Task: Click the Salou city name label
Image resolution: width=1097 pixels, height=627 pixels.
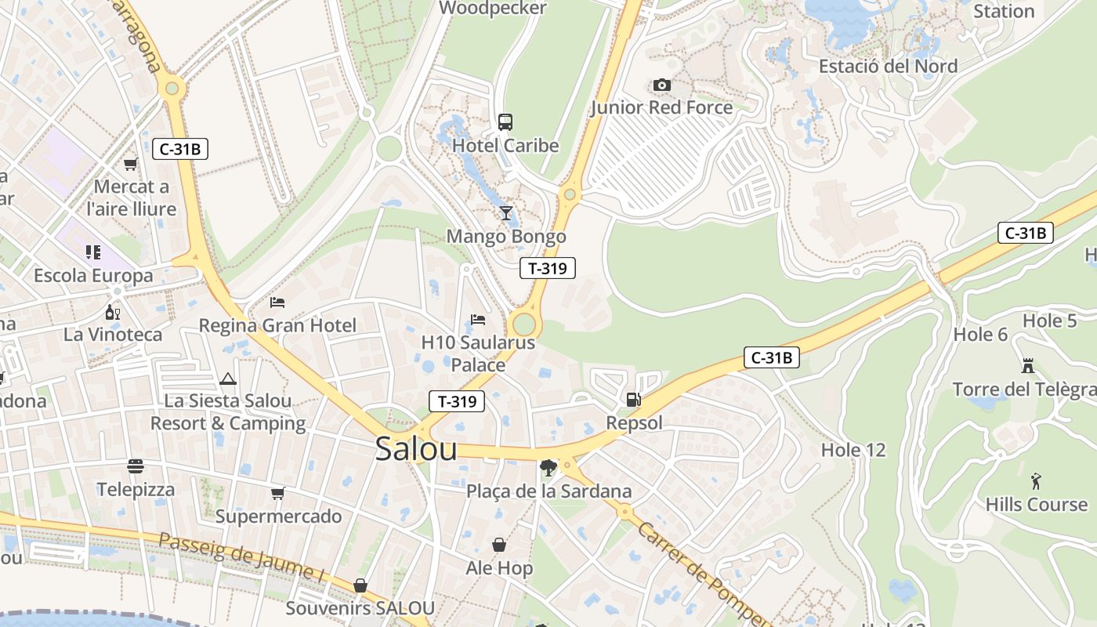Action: pyautogui.click(x=416, y=448)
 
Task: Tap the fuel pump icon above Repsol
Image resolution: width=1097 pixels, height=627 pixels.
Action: pyautogui.click(x=633, y=400)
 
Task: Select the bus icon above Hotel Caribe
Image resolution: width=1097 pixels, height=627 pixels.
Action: pyautogui.click(x=505, y=122)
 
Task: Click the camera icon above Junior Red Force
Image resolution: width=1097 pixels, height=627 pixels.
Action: pyautogui.click(x=662, y=85)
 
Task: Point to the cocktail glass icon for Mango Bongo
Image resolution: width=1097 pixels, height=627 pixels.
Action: pyautogui.click(x=506, y=213)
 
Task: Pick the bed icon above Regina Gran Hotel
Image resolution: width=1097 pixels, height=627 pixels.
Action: pyautogui.click(x=277, y=302)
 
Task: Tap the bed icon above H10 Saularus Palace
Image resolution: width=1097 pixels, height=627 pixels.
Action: pyautogui.click(x=478, y=319)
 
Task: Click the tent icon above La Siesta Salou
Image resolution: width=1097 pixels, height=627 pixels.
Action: pyautogui.click(x=228, y=379)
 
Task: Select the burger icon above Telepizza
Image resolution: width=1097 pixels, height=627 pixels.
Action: pyautogui.click(x=136, y=466)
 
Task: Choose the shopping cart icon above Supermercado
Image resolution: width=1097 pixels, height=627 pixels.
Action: pyautogui.click(x=278, y=493)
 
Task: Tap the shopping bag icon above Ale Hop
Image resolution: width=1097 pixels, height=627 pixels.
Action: pyautogui.click(x=499, y=545)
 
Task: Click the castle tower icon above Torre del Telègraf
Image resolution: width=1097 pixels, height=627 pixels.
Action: pyautogui.click(x=1027, y=365)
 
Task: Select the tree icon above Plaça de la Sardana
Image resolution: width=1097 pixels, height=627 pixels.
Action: pyautogui.click(x=548, y=469)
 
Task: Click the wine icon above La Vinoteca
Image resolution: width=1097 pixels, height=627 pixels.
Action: pyautogui.click(x=113, y=312)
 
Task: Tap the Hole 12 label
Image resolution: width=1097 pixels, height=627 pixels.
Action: pyautogui.click(x=853, y=450)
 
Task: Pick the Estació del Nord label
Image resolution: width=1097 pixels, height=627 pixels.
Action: pyautogui.click(x=888, y=66)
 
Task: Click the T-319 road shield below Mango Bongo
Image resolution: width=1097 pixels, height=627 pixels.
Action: pyautogui.click(x=548, y=268)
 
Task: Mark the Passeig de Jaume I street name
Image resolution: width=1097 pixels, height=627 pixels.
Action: pyautogui.click(x=241, y=556)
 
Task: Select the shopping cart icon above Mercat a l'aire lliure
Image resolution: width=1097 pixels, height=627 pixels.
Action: pyautogui.click(x=131, y=164)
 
